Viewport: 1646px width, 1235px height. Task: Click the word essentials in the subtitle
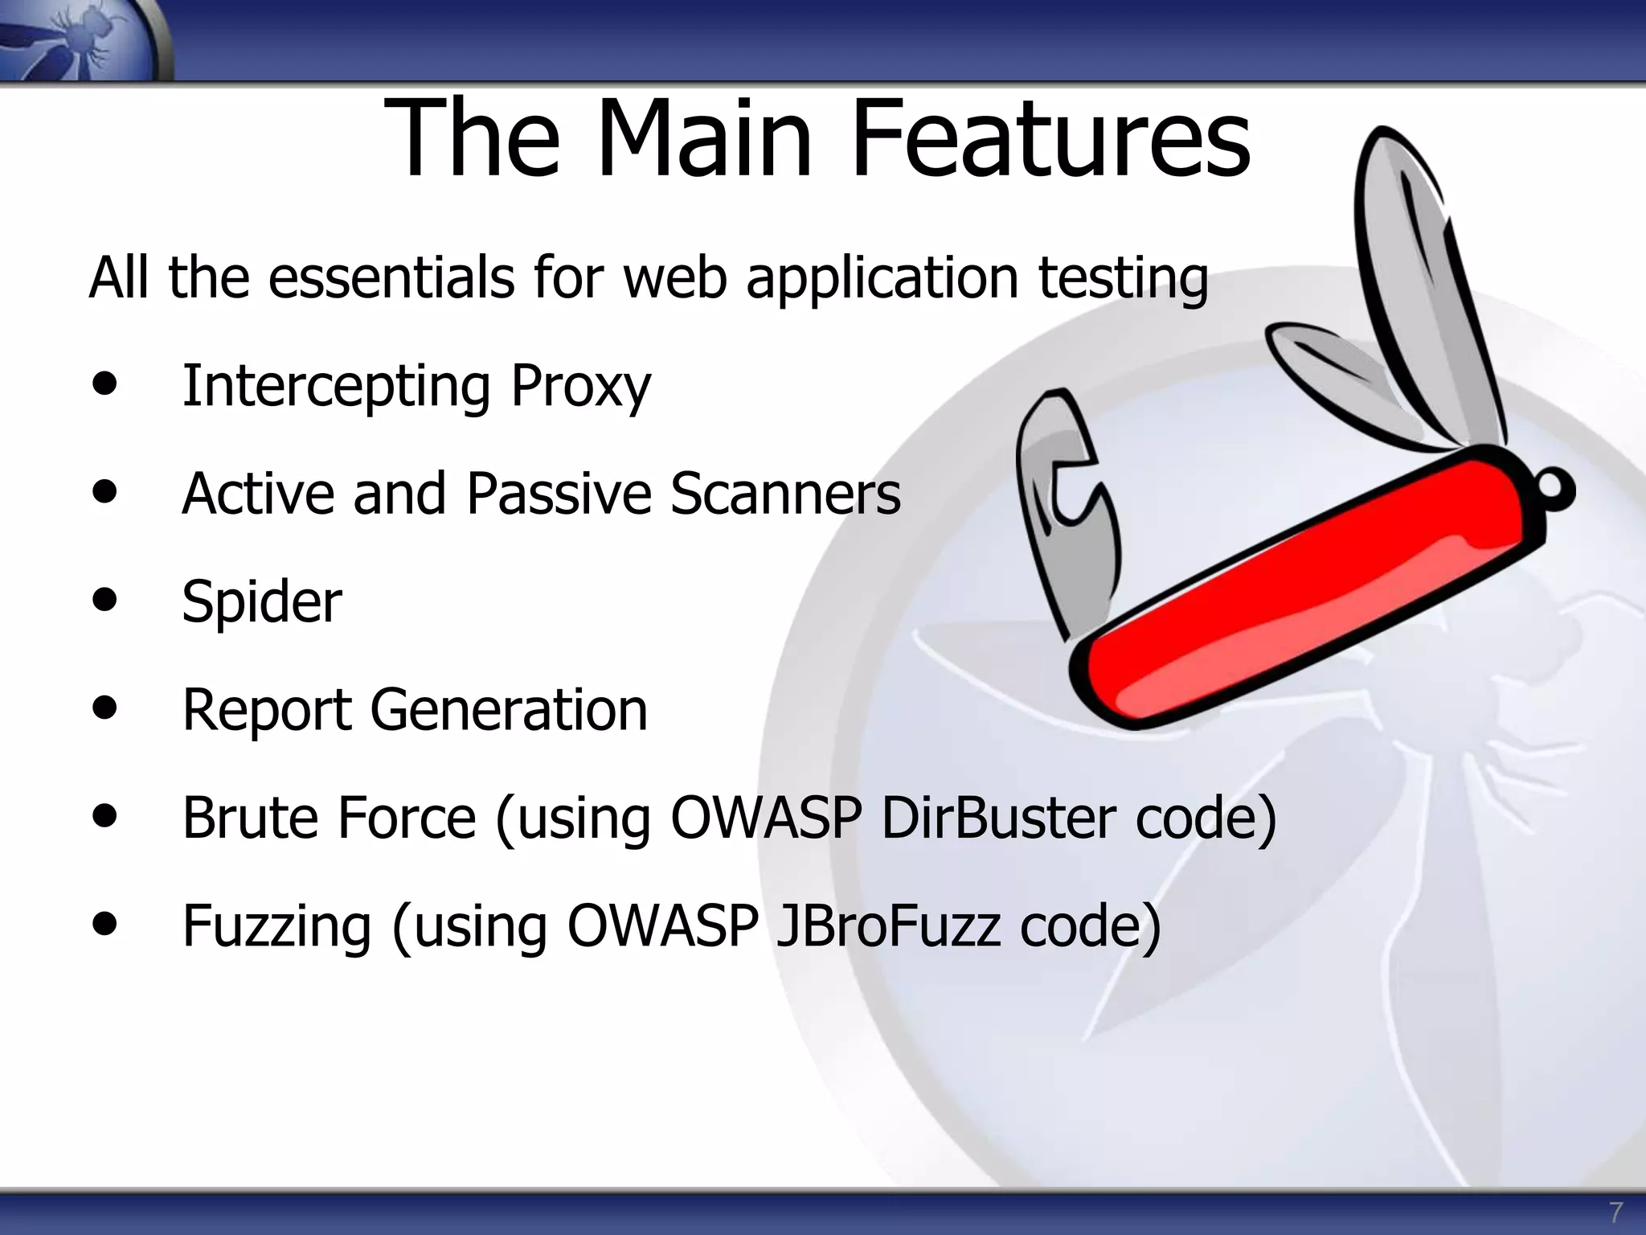click(391, 277)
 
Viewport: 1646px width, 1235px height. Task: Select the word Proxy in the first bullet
click(580, 387)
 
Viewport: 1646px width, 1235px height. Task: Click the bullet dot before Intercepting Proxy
click(104, 384)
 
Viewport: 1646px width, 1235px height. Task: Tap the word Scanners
click(785, 493)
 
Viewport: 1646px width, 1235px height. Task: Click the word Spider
click(262, 602)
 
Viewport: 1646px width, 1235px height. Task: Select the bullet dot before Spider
click(104, 599)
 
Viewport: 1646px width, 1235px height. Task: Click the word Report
click(267, 710)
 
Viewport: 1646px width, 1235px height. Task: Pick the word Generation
click(508, 710)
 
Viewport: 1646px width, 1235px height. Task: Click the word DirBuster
click(997, 818)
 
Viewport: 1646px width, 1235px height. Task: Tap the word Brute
click(249, 818)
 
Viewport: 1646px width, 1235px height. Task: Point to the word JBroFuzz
click(887, 925)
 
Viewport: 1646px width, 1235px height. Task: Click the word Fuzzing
click(276, 927)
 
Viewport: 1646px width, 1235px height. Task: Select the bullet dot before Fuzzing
click(104, 923)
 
